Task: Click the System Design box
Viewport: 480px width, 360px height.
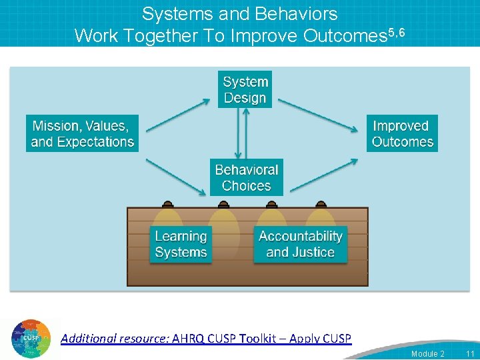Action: pyautogui.click(x=245, y=90)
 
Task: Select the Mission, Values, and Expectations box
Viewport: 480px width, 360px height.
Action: pyautogui.click(x=83, y=134)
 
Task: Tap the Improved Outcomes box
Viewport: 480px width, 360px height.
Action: pyautogui.click(x=403, y=134)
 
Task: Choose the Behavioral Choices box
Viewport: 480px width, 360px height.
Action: pyautogui.click(x=246, y=177)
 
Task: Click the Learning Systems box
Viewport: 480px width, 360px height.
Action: pyautogui.click(x=181, y=245)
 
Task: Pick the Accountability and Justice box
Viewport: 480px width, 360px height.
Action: pyautogui.click(x=300, y=245)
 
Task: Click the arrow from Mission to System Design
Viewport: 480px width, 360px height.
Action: pyautogui.click(x=177, y=115)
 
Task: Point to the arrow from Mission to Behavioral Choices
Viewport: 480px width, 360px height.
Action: pyautogui.click(x=176, y=176)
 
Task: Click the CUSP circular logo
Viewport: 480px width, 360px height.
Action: pyautogui.click(x=31, y=339)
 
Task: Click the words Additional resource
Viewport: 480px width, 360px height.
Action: pyautogui.click(x=114, y=339)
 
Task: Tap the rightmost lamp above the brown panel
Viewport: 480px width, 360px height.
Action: pyautogui.click(x=321, y=204)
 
